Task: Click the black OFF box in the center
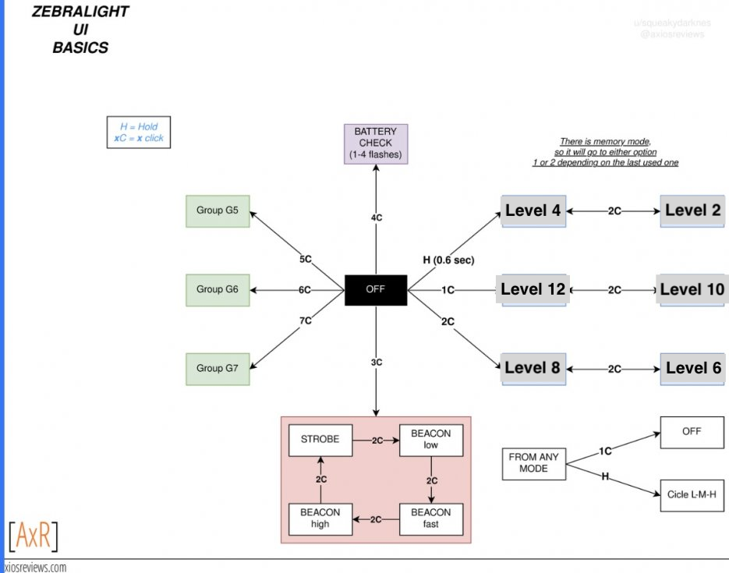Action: [x=376, y=290]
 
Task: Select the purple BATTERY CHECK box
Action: [x=376, y=143]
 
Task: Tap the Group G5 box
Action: [x=218, y=211]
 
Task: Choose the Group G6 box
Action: [x=218, y=290]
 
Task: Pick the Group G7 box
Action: [x=218, y=369]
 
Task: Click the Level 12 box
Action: [x=533, y=289]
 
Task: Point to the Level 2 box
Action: [x=692, y=211]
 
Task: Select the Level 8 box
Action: [x=533, y=369]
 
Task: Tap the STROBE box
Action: [x=320, y=440]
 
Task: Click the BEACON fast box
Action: [x=431, y=518]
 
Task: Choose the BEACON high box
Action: [x=320, y=518]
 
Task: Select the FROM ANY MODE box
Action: [x=534, y=463]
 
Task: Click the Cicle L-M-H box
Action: [x=692, y=495]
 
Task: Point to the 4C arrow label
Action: [x=377, y=218]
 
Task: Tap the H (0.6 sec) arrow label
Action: [x=448, y=260]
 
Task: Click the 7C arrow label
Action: [x=306, y=320]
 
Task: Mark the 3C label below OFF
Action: [x=377, y=362]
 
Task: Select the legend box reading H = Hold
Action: [x=139, y=133]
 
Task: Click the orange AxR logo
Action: [x=34, y=536]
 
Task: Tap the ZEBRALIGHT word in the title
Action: [x=80, y=11]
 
